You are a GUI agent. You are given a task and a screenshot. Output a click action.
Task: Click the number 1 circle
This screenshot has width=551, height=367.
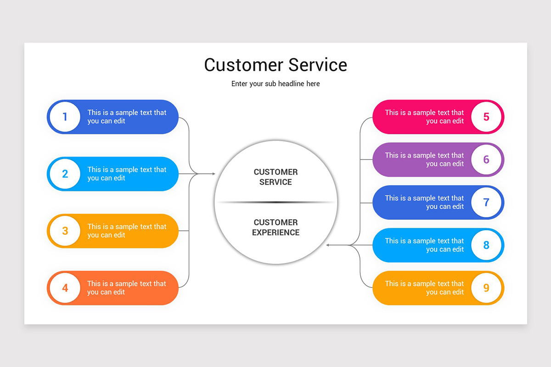point(65,117)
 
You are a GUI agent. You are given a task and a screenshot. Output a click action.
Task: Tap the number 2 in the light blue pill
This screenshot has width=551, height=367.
point(65,174)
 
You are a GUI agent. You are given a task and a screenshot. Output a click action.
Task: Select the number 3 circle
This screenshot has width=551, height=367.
point(65,231)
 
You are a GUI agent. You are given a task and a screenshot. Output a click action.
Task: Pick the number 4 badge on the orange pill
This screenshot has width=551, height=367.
point(65,288)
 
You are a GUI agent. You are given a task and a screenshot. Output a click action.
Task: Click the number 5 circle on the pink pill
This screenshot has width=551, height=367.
point(486,117)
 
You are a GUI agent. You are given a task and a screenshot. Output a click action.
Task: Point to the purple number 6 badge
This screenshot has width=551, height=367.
point(486,160)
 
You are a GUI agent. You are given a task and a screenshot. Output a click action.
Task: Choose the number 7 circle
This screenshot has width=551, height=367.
point(486,202)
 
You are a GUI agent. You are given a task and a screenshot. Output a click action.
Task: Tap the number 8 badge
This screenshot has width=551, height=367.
point(486,245)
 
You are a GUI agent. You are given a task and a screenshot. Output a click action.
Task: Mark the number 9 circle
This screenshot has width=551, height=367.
point(486,288)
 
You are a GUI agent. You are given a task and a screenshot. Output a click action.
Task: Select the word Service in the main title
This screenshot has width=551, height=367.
point(318,65)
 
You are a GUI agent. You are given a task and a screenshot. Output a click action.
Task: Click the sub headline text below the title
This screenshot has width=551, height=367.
point(275,83)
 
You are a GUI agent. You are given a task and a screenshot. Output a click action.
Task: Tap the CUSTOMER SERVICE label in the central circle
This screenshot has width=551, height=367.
point(275,177)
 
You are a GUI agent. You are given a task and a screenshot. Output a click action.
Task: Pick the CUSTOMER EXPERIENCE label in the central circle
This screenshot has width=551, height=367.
point(275,228)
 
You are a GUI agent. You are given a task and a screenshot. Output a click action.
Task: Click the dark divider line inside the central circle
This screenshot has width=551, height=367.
point(275,202)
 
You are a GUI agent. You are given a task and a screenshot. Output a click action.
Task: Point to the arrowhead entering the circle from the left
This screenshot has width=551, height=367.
point(214,174)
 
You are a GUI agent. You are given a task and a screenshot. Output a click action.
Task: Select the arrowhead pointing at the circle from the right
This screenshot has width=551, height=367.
point(328,245)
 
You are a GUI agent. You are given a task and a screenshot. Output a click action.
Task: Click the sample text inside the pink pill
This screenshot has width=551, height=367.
point(424,117)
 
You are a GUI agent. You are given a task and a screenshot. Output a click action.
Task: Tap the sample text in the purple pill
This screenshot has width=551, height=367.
point(424,160)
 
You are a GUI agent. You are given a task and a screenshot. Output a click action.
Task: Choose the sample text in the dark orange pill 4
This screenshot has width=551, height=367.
point(127,288)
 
